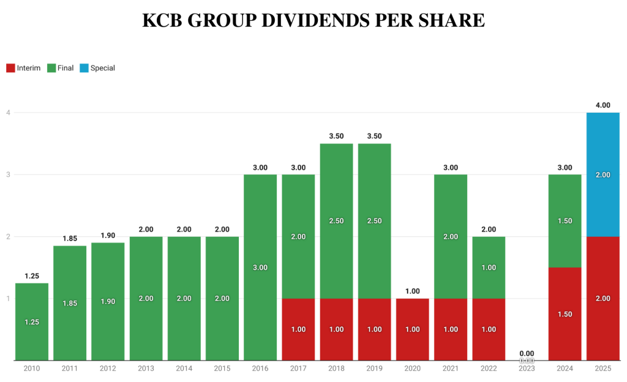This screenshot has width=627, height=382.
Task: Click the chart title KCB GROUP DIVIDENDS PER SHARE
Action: click(x=313, y=20)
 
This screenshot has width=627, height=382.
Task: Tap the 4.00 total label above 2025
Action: click(x=603, y=105)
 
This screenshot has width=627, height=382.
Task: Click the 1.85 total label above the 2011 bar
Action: click(x=70, y=239)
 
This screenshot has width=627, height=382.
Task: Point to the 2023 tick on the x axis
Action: click(x=527, y=369)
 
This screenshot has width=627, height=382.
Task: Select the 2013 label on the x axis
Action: click(x=146, y=369)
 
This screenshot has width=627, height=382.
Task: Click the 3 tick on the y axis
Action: click(x=9, y=174)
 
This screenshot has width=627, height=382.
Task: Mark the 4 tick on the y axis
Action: click(x=9, y=113)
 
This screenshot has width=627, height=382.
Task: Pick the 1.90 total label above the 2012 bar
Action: click(x=108, y=236)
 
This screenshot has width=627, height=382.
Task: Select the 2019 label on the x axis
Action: click(x=374, y=369)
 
